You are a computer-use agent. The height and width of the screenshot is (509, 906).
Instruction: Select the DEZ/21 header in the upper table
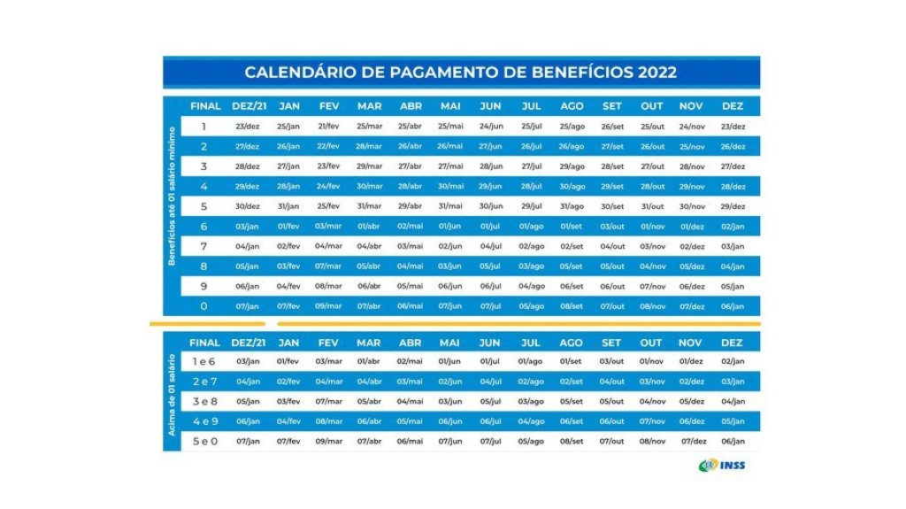(249, 106)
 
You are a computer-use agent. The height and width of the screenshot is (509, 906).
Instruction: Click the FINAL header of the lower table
(204, 343)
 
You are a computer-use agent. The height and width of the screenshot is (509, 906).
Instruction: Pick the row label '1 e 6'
(204, 361)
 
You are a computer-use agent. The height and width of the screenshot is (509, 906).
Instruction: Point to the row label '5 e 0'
(204, 441)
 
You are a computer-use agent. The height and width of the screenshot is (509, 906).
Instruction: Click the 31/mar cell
(369, 206)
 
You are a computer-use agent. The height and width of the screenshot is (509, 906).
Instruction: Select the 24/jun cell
(490, 127)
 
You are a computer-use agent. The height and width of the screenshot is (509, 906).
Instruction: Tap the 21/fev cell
(328, 127)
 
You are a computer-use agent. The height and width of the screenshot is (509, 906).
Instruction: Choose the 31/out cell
(652, 206)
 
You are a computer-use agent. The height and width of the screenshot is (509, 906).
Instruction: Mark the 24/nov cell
(691, 127)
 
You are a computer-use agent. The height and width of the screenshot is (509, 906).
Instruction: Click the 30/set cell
(612, 206)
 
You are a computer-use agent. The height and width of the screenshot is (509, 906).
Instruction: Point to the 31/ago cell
(572, 206)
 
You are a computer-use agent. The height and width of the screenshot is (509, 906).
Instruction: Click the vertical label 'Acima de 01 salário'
(173, 393)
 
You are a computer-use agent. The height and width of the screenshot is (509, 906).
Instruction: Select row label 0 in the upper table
(204, 306)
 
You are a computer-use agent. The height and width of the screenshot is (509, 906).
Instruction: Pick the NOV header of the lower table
(691, 343)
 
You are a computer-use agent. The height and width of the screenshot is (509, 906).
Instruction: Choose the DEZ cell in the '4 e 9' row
(733, 421)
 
